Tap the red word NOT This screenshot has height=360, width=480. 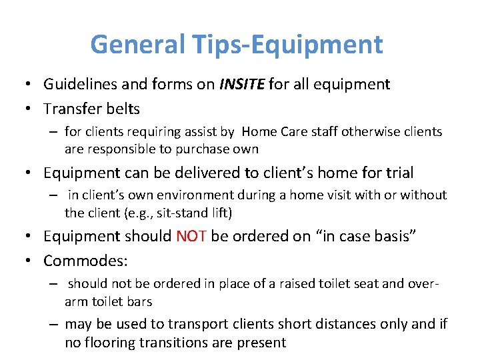click(x=191, y=236)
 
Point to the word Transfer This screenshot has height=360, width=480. click(x=74, y=107)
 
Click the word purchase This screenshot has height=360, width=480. click(x=201, y=149)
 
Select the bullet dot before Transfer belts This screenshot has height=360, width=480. click(x=31, y=107)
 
